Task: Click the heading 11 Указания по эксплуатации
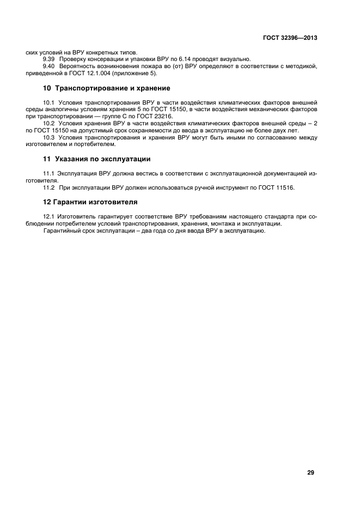click(x=96, y=159)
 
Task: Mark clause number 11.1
click(x=49, y=173)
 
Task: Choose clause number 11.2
click(x=50, y=187)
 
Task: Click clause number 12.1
click(x=48, y=216)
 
